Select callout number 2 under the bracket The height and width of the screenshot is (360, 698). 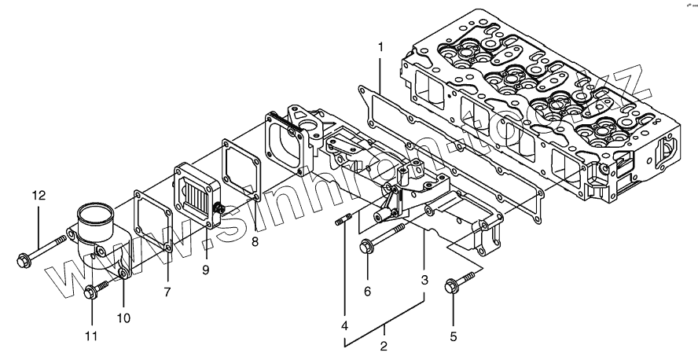(384, 346)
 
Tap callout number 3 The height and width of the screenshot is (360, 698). (424, 279)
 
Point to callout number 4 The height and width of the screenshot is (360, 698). (343, 325)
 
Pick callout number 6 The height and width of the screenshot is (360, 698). (366, 292)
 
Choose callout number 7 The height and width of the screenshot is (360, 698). (167, 292)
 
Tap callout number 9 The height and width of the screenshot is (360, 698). (205, 270)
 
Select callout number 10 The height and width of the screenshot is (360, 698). (124, 318)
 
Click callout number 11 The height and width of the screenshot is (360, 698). (91, 336)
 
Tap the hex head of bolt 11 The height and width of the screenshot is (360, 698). (90, 293)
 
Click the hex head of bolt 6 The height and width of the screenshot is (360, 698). (366, 248)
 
